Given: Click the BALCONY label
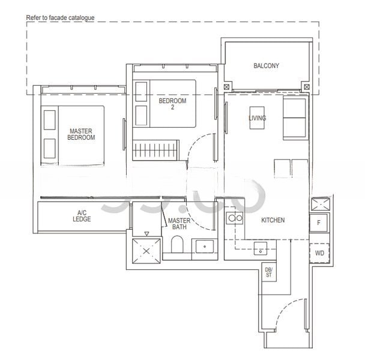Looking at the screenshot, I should [x=266, y=66].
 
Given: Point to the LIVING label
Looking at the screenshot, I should [x=257, y=118].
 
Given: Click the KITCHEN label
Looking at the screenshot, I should [x=273, y=220].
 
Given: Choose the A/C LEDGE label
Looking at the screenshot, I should [x=82, y=215].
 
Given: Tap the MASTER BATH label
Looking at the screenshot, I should [x=179, y=224].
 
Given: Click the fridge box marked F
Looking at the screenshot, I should [x=319, y=223].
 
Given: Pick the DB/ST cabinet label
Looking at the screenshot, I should [x=268, y=273].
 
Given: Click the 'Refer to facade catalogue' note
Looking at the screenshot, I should [x=60, y=19].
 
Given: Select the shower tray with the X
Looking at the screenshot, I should [x=146, y=247].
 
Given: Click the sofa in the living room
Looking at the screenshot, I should [x=295, y=118].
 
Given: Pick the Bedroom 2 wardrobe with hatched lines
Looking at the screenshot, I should [x=155, y=148].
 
